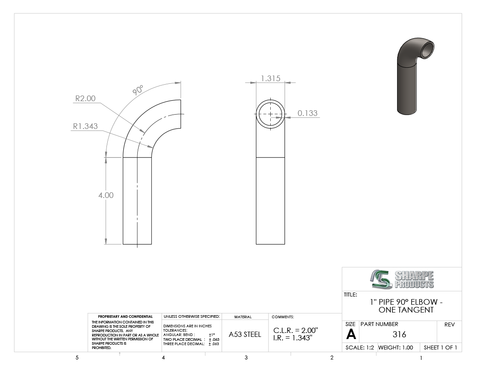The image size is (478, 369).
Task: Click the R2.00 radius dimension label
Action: [x=85, y=99]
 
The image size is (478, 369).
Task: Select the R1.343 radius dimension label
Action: [x=85, y=126]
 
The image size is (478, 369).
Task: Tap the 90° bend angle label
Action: [x=138, y=90]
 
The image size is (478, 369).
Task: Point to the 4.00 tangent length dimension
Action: [x=106, y=195]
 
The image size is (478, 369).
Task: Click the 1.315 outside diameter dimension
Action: [x=270, y=79]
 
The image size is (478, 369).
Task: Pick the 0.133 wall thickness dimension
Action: [x=308, y=113]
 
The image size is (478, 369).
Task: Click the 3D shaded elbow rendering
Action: [x=415, y=76]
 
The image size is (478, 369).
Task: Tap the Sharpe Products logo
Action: [x=402, y=279]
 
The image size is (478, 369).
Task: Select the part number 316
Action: [x=399, y=335]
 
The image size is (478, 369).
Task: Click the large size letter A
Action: [x=351, y=335]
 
